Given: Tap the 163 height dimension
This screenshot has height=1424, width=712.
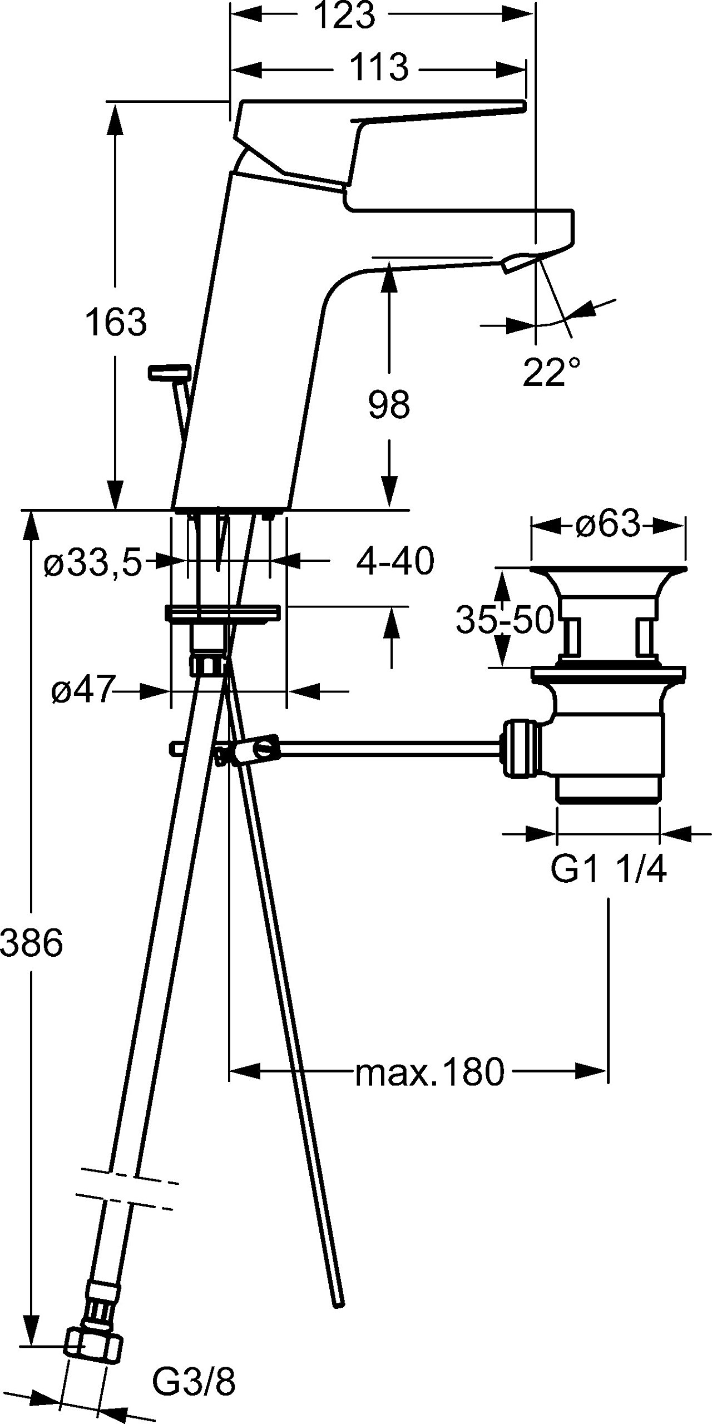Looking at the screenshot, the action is pyautogui.click(x=116, y=322).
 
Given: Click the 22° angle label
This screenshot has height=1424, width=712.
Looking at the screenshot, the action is pyautogui.click(x=551, y=372).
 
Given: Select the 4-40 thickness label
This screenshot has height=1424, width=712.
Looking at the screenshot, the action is pyautogui.click(x=395, y=561).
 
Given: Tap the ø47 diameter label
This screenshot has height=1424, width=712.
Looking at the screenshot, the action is pyautogui.click(x=82, y=691).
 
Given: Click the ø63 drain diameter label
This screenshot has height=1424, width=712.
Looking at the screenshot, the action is pyautogui.click(x=608, y=524).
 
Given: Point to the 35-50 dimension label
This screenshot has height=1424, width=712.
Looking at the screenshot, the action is pyautogui.click(x=505, y=620).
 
